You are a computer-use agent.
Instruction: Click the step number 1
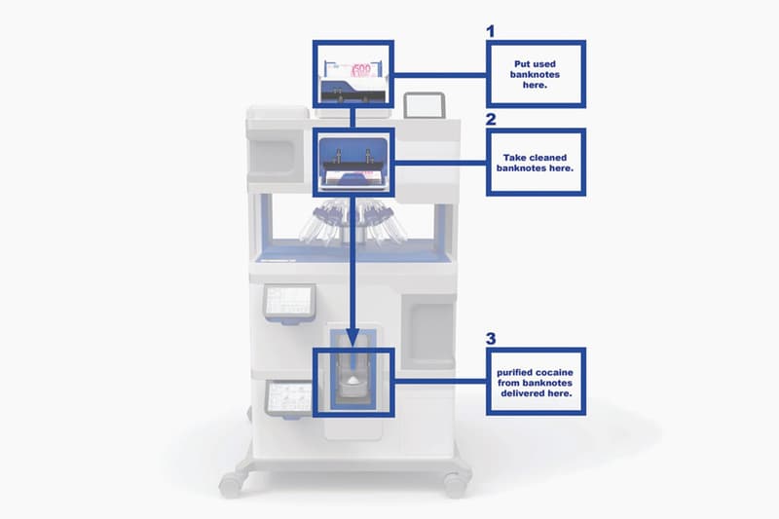[491, 31]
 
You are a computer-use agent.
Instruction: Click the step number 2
[491, 119]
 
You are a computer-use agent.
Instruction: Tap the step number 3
[491, 339]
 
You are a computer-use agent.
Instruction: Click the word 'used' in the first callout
[545, 64]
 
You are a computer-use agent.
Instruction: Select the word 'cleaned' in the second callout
[547, 158]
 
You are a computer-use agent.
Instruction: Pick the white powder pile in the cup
[352, 380]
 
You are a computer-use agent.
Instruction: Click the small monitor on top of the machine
[424, 105]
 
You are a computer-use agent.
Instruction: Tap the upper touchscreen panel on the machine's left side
[289, 303]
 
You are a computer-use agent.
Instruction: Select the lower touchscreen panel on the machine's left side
[289, 398]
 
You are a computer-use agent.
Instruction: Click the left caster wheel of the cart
[231, 483]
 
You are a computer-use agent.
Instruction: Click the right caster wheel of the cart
[455, 484]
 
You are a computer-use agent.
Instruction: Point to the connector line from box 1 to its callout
[440, 76]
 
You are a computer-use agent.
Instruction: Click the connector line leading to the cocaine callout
[440, 382]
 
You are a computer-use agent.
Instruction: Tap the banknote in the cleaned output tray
[352, 177]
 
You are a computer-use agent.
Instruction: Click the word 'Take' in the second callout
[514, 158]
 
